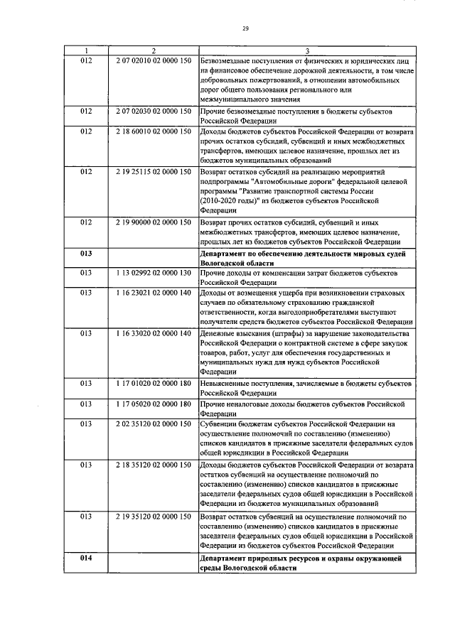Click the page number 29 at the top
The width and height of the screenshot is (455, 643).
click(245, 28)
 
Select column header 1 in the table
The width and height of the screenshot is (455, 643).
click(86, 50)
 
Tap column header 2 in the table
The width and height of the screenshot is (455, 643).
click(153, 50)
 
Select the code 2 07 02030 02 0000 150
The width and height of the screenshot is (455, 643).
click(153, 112)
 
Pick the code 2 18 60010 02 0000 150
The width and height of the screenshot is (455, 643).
click(153, 132)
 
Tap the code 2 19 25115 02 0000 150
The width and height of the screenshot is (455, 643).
click(153, 172)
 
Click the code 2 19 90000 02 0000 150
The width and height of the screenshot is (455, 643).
click(153, 222)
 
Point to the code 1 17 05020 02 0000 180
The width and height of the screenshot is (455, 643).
click(153, 404)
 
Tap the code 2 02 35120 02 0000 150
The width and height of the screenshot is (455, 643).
click(153, 424)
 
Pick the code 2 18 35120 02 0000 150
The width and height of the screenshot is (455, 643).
click(153, 464)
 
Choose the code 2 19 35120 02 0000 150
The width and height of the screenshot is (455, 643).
click(153, 515)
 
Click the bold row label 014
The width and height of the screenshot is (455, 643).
click(86, 558)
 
